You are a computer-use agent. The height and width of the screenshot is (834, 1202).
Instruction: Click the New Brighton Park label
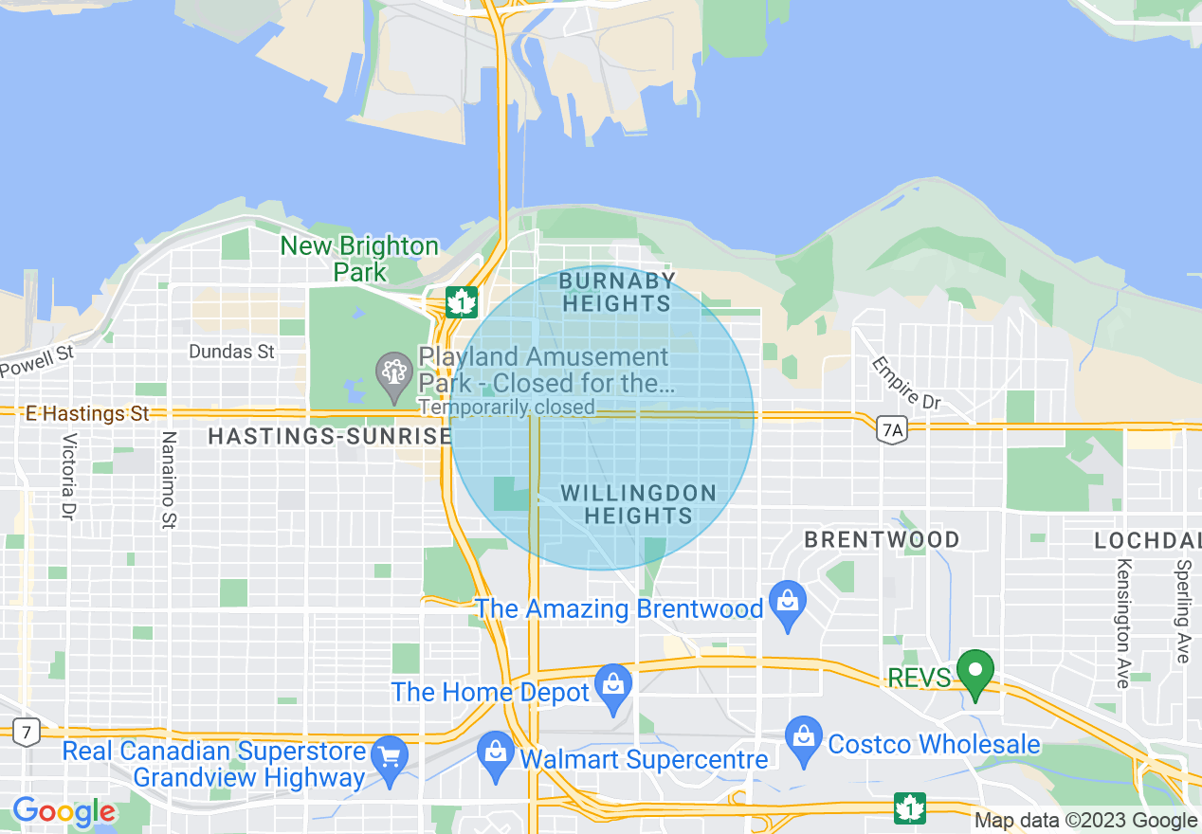click(359, 259)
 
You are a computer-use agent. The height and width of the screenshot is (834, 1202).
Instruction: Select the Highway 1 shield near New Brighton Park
click(462, 302)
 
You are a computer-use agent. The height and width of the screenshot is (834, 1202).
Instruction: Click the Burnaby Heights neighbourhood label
click(616, 292)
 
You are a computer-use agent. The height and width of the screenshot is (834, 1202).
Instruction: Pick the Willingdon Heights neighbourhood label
click(638, 504)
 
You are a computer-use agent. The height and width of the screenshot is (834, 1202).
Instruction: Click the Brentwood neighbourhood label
click(882, 539)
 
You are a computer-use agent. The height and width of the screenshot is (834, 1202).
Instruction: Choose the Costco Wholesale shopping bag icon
click(804, 738)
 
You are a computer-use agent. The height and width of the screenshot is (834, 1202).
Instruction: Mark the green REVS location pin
click(974, 672)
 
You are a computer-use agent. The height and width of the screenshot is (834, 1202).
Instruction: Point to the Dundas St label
click(231, 352)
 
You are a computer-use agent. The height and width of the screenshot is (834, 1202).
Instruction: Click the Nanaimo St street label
click(170, 480)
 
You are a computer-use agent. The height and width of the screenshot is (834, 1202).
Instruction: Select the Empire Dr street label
click(906, 383)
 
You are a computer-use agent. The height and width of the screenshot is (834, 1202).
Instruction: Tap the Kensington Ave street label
click(1123, 624)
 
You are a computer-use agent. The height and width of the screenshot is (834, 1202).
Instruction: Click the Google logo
click(64, 812)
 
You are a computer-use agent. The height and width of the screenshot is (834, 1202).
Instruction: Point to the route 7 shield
click(27, 731)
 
